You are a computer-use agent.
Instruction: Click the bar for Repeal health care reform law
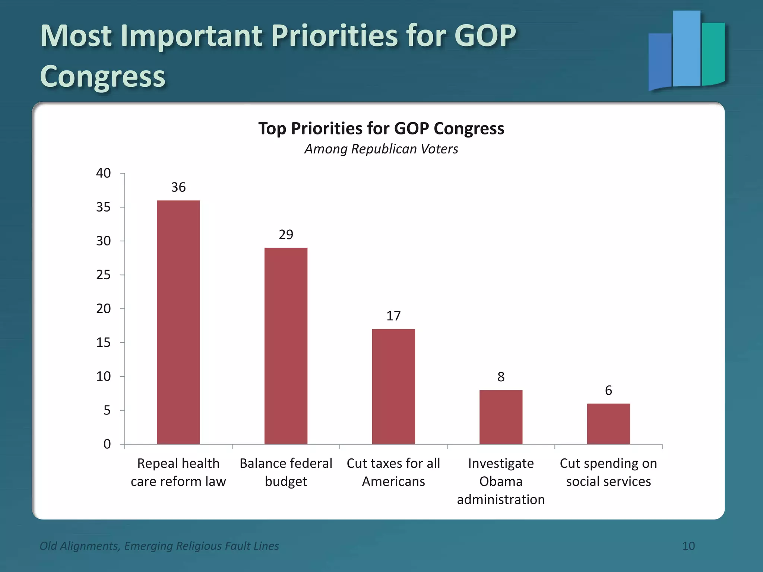(x=178, y=322)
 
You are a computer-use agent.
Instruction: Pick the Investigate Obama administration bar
(x=501, y=417)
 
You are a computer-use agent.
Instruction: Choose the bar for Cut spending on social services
(x=608, y=423)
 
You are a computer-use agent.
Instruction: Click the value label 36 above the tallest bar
(x=178, y=187)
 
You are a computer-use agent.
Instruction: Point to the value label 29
(x=286, y=235)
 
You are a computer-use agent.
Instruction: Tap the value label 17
(x=393, y=316)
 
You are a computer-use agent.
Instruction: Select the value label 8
(x=501, y=377)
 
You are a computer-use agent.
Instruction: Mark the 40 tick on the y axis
(x=104, y=173)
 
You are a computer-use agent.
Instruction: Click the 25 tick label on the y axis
(x=104, y=275)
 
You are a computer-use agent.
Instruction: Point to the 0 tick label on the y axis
(x=107, y=444)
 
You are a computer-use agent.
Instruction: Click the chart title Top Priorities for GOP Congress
(x=381, y=128)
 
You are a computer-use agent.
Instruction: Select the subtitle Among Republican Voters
(x=381, y=149)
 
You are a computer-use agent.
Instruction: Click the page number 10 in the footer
(x=688, y=546)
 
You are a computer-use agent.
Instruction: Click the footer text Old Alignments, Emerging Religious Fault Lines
(x=159, y=546)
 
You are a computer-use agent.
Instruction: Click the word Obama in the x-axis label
(x=501, y=482)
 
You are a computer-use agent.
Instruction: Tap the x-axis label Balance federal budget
(x=286, y=472)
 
